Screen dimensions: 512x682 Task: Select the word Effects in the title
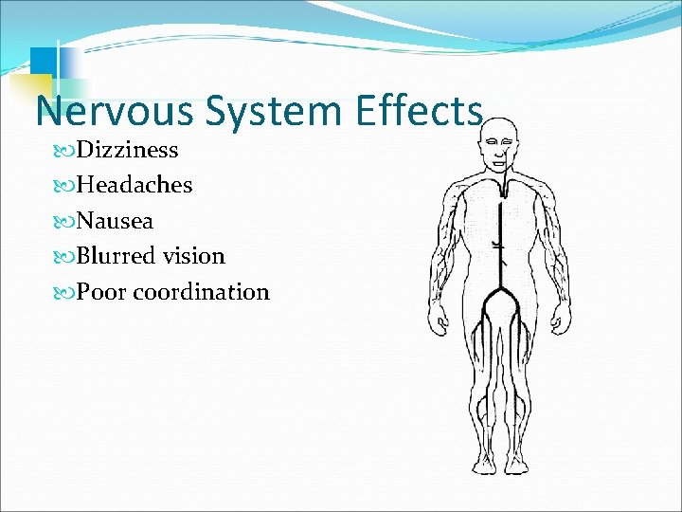[420, 112]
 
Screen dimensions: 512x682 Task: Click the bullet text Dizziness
[127, 150]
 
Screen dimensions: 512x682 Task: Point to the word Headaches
[134, 185]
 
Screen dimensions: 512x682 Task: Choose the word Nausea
[115, 221]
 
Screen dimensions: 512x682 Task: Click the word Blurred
[116, 256]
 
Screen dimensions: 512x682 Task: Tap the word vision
[193, 256]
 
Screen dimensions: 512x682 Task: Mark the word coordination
[201, 292]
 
